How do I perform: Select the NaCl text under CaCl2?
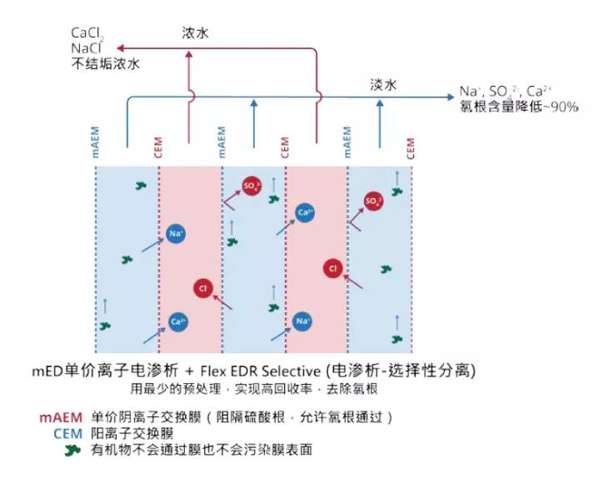(x=85, y=48)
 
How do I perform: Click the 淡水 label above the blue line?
(x=382, y=84)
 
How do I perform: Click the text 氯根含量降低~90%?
(x=518, y=107)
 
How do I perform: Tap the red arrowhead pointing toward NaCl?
(x=121, y=48)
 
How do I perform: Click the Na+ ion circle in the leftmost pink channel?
(x=176, y=234)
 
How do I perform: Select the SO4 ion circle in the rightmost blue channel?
(x=374, y=201)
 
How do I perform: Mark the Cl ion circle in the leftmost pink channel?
(x=201, y=288)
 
